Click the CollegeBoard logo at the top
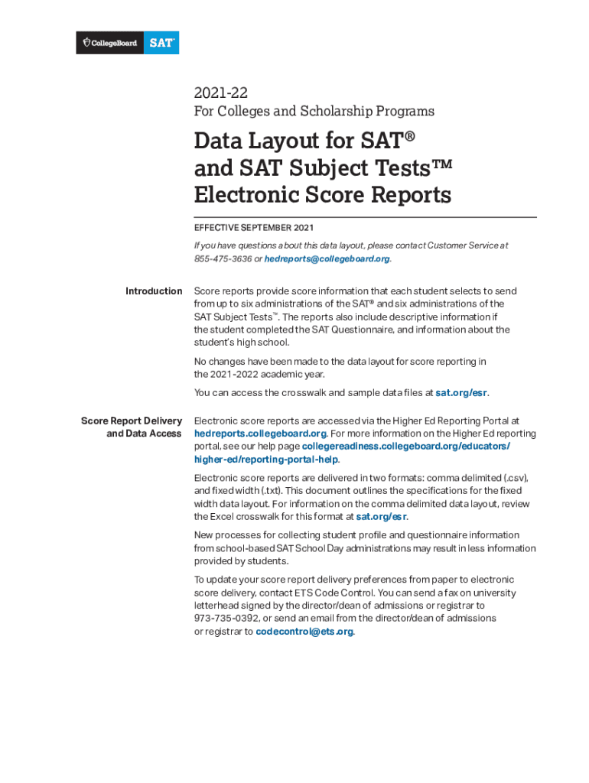pyautogui.click(x=109, y=43)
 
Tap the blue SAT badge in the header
pyautogui.click(x=163, y=43)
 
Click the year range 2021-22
pyautogui.click(x=220, y=93)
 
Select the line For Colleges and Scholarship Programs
pyautogui.click(x=314, y=112)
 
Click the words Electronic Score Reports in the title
pyautogui.click(x=322, y=195)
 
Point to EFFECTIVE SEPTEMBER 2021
pyautogui.click(x=254, y=228)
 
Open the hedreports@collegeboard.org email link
pyautogui.click(x=327, y=258)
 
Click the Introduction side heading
pyautogui.click(x=154, y=291)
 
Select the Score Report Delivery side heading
pyautogui.click(x=132, y=421)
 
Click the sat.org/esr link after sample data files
pyautogui.click(x=461, y=393)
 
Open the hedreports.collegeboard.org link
pyautogui.click(x=261, y=434)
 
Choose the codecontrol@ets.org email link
pyautogui.click(x=304, y=632)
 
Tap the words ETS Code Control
pyautogui.click(x=347, y=593)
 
